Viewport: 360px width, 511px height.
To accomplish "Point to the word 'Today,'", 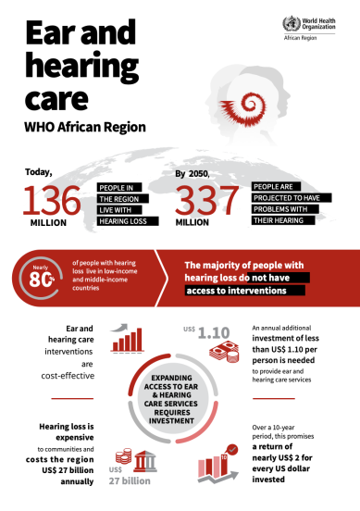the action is (x=41, y=170).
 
